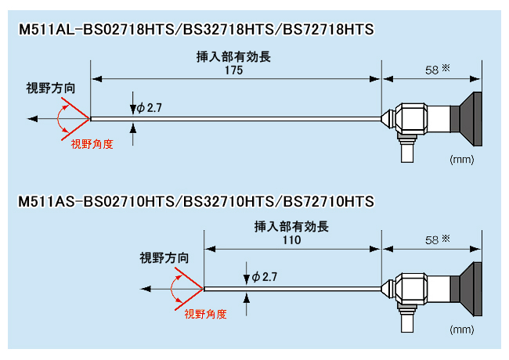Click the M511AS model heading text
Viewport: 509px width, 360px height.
(x=197, y=202)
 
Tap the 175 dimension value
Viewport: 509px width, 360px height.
(x=233, y=70)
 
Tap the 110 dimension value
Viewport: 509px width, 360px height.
(x=291, y=240)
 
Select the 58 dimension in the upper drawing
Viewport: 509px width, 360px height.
(x=431, y=70)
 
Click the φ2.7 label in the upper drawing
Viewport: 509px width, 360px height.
(x=149, y=108)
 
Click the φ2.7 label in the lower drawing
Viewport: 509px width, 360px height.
(x=264, y=277)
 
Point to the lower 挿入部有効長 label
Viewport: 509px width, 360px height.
(x=291, y=227)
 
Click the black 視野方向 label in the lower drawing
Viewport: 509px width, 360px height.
(x=164, y=257)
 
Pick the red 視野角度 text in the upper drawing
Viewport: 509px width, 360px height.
(x=92, y=144)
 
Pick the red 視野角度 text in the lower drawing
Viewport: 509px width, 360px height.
(x=205, y=314)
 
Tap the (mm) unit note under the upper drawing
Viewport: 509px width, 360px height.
(x=460, y=159)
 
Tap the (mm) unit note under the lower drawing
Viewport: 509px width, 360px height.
(x=460, y=329)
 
